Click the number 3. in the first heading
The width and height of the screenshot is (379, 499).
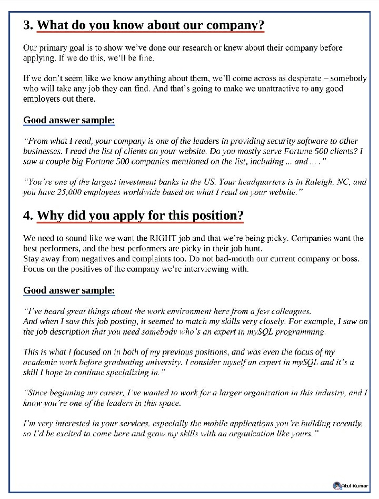click(29, 25)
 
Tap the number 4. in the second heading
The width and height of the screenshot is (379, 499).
click(29, 215)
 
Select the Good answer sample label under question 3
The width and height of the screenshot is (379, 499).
click(69, 121)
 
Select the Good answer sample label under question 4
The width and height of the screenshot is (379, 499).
click(69, 290)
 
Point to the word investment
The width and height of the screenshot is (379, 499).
click(130, 182)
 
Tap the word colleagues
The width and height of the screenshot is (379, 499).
click(289, 311)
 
